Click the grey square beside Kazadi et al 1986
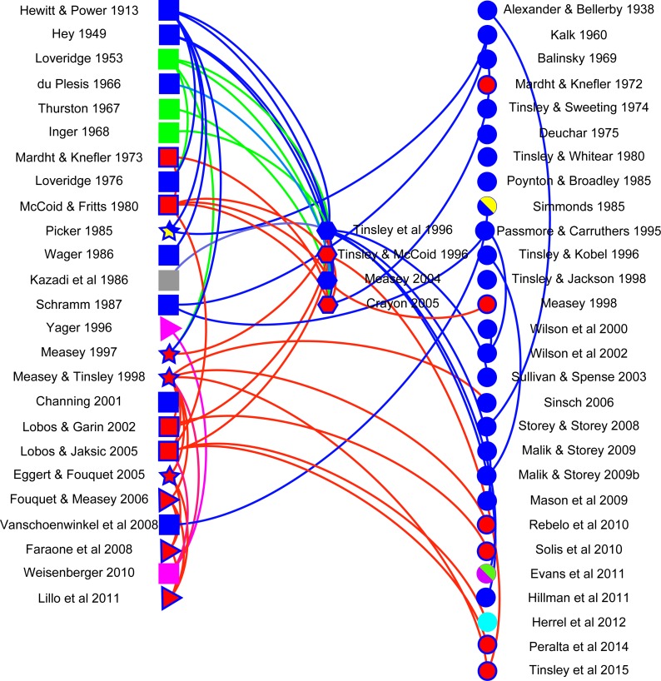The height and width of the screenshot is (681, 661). (x=169, y=280)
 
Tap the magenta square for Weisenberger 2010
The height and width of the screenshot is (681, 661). (x=169, y=573)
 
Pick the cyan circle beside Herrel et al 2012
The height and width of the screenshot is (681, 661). (x=487, y=622)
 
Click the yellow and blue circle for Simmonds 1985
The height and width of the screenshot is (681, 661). (x=487, y=206)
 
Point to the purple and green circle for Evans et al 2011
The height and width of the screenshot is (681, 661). (x=487, y=573)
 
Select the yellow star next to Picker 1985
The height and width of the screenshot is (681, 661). (x=169, y=231)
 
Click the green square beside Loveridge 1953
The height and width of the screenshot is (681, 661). (x=169, y=59)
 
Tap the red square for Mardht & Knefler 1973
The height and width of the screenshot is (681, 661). (x=169, y=157)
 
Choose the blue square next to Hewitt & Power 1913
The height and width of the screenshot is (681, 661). (x=169, y=11)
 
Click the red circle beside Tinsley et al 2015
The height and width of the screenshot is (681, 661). (x=487, y=670)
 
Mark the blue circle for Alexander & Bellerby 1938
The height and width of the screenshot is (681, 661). (x=487, y=11)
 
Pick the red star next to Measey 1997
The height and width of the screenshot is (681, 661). (x=169, y=354)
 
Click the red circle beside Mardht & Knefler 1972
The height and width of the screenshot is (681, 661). (x=487, y=84)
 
